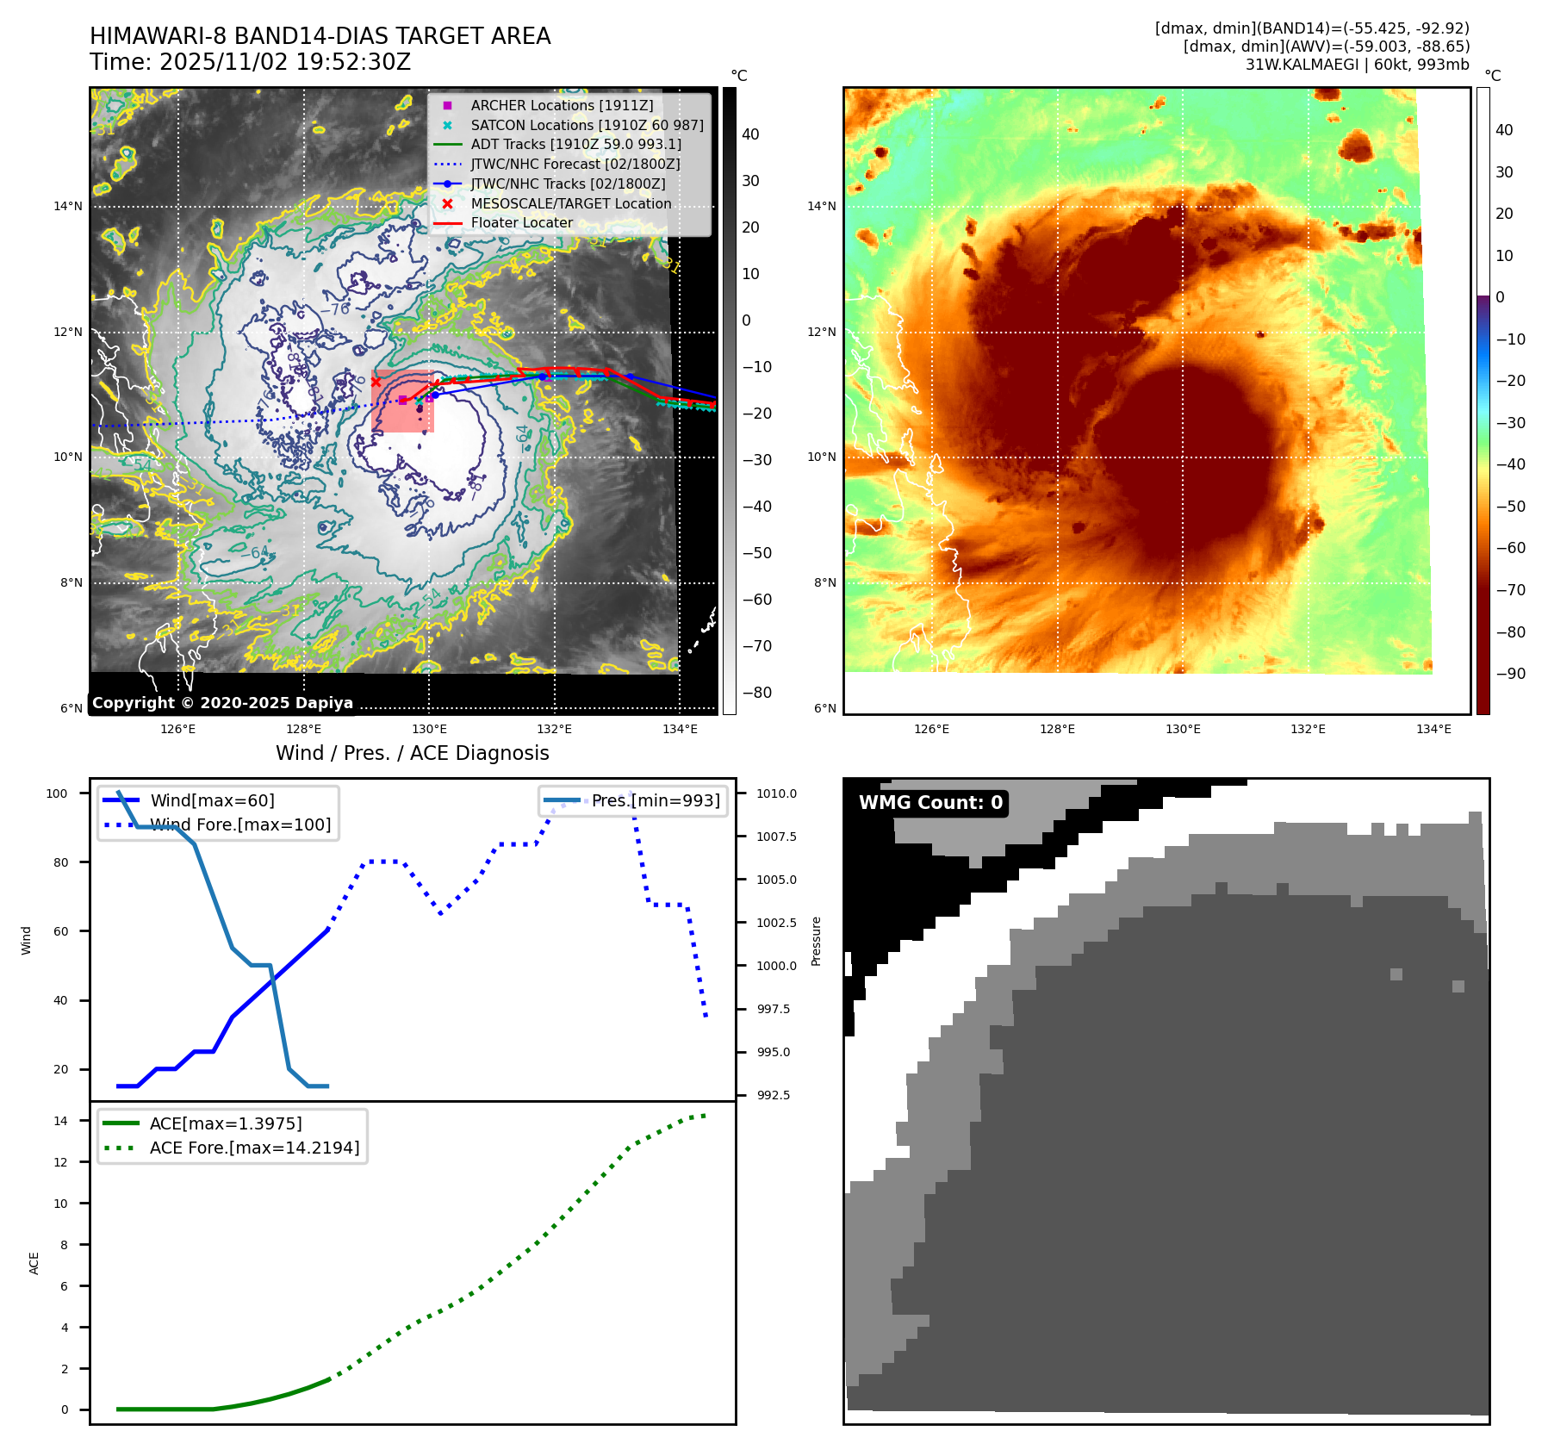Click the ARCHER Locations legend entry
(x=562, y=105)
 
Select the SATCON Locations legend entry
(x=587, y=125)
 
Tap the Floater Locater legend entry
(x=521, y=222)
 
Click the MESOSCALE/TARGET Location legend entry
(x=570, y=203)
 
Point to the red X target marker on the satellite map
(x=376, y=382)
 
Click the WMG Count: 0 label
(x=930, y=803)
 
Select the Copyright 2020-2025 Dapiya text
(x=222, y=703)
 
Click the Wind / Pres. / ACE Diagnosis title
(x=412, y=753)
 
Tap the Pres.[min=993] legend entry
(x=655, y=800)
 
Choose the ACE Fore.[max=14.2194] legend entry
(x=254, y=1148)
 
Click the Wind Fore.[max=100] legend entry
(x=240, y=824)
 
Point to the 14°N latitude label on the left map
(x=68, y=206)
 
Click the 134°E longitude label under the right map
(x=1433, y=729)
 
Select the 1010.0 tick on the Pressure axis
(x=776, y=793)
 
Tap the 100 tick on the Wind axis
(x=57, y=793)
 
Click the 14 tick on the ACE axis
(x=60, y=1121)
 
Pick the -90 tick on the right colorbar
(x=1510, y=674)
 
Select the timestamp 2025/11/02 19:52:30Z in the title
(x=284, y=62)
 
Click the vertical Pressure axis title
(x=816, y=941)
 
